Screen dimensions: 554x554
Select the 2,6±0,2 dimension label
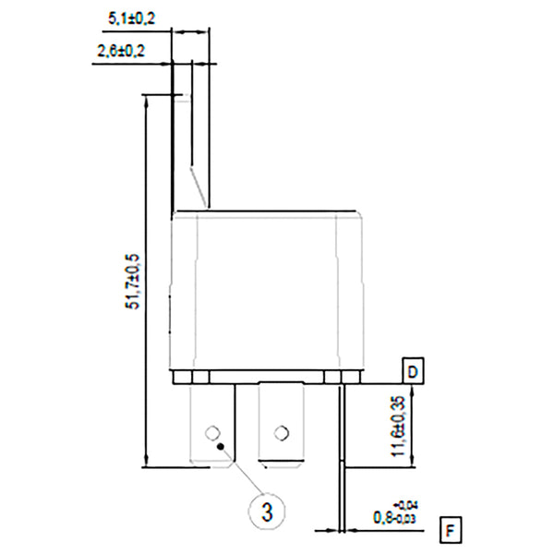pos(120,52)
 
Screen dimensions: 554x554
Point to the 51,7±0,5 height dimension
pos(132,281)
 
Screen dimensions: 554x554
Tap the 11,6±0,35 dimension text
pos(398,426)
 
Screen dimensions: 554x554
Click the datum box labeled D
pos(413,372)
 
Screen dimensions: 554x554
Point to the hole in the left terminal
pos(211,431)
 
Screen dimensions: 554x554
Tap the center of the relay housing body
pos(267,291)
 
